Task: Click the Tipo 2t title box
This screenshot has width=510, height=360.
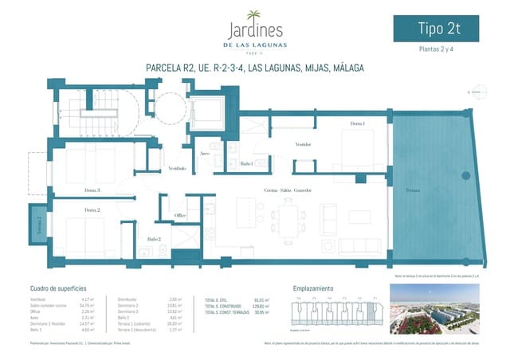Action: (441, 29)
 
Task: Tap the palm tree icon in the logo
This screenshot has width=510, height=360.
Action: (254, 15)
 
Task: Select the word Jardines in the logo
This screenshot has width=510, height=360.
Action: (254, 31)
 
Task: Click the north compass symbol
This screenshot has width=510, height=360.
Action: (478, 92)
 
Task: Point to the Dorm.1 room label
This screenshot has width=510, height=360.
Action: (357, 124)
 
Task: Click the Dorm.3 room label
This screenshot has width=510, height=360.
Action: (92, 190)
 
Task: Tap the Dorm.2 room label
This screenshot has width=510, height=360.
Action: (92, 209)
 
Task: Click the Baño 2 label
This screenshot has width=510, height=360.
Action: (154, 239)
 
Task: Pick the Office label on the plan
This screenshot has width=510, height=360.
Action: (181, 216)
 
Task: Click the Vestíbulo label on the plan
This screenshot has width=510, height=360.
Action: (177, 168)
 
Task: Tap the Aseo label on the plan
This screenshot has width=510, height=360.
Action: (205, 153)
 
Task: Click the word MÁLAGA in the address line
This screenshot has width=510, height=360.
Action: (345, 68)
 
